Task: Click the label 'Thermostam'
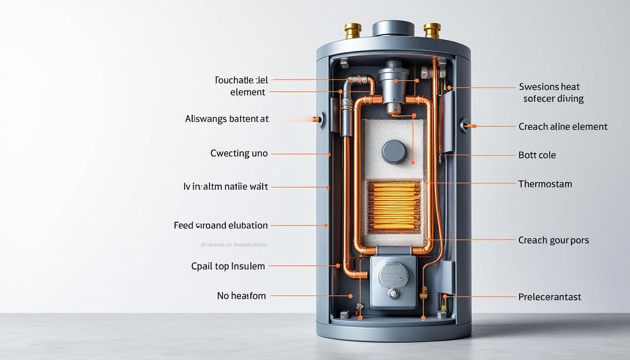click(545, 184)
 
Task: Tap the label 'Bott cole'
click(537, 155)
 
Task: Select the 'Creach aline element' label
click(562, 127)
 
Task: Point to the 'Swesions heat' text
click(549, 87)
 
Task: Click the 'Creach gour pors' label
click(553, 240)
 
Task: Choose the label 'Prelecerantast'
click(549, 297)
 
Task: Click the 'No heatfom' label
click(241, 296)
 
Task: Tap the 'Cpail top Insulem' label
click(228, 266)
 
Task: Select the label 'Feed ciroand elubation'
click(221, 225)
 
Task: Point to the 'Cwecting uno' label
click(239, 153)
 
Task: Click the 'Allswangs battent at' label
click(227, 119)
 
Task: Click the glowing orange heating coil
click(394, 207)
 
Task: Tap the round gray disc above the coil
click(393, 152)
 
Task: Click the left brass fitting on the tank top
click(352, 30)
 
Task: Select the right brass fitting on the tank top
click(431, 30)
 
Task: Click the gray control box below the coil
click(393, 281)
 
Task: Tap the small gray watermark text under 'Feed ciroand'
click(233, 245)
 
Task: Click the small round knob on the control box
click(394, 293)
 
